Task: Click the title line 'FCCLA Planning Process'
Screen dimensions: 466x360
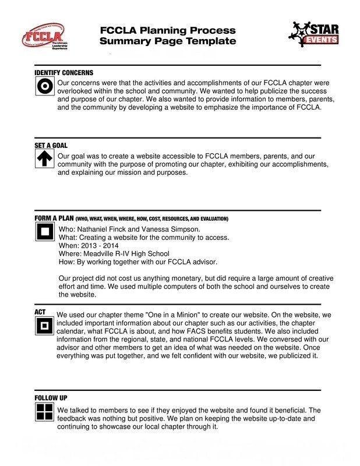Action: [x=168, y=30]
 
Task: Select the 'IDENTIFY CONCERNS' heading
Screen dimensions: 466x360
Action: [x=63, y=73]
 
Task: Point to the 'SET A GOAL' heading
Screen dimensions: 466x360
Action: [x=51, y=146]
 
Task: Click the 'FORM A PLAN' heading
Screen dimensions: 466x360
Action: [x=54, y=218]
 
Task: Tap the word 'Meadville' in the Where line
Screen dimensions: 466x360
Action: [x=97, y=254]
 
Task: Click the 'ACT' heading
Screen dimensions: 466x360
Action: [x=40, y=312]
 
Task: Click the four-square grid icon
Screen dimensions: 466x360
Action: [x=45, y=412]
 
